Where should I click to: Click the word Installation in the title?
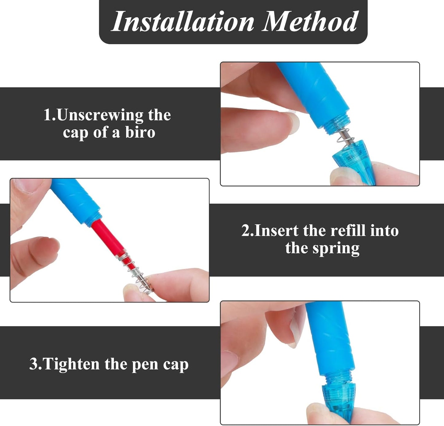pos(183,22)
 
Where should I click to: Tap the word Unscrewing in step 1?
pos(100,115)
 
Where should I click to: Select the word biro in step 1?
pos(140,132)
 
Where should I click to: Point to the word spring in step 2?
pos(336,248)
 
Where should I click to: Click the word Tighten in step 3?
pos(71,364)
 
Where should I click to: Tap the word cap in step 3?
pos(176,365)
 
